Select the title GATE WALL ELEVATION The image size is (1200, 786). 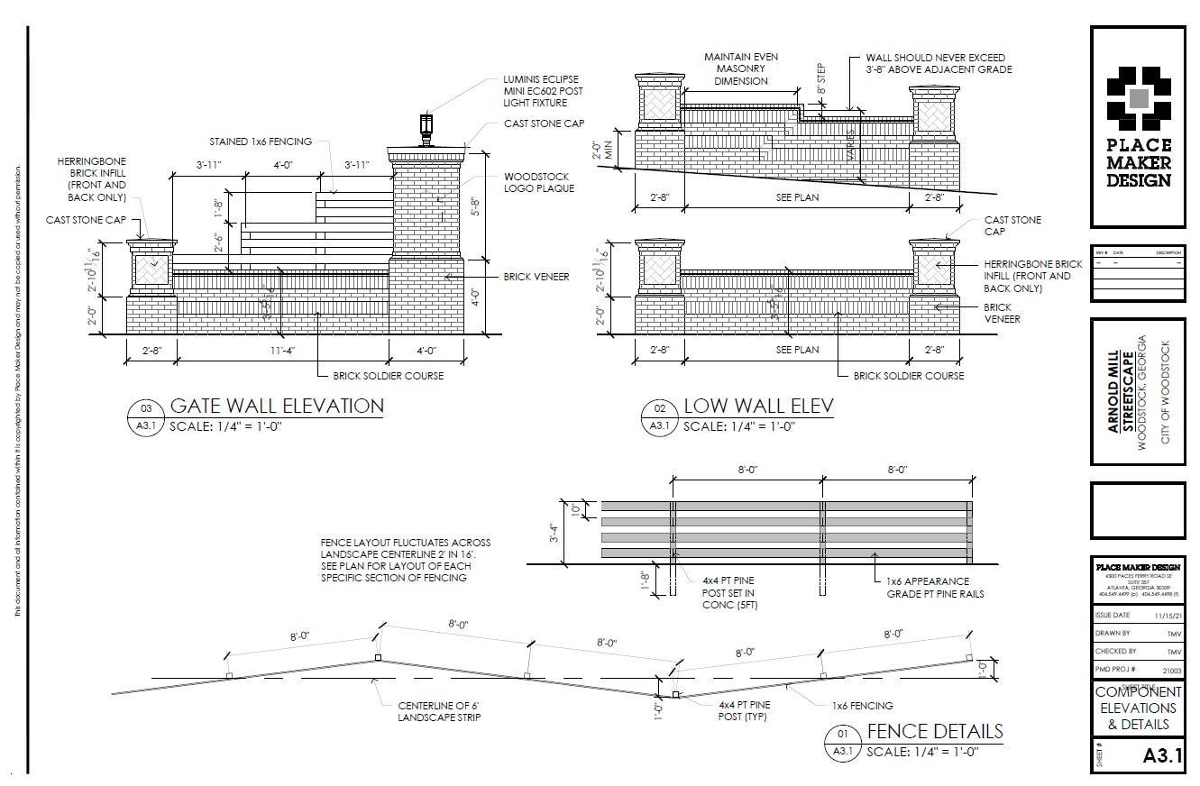click(277, 406)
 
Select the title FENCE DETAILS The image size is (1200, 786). click(934, 731)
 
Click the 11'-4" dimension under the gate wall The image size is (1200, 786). click(281, 350)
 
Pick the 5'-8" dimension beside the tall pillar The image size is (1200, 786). click(487, 205)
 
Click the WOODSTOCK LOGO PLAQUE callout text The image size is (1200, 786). click(539, 182)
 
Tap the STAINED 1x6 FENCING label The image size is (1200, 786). click(261, 142)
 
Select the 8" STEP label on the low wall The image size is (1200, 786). click(820, 79)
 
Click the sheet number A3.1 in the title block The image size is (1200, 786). click(1161, 755)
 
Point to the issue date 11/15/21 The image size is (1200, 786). click(1168, 616)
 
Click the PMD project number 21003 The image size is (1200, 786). click(1171, 670)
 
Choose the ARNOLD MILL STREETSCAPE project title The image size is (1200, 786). click(1121, 391)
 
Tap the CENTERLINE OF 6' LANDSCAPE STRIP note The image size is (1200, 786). click(439, 711)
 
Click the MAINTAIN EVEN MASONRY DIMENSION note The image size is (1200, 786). click(740, 69)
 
